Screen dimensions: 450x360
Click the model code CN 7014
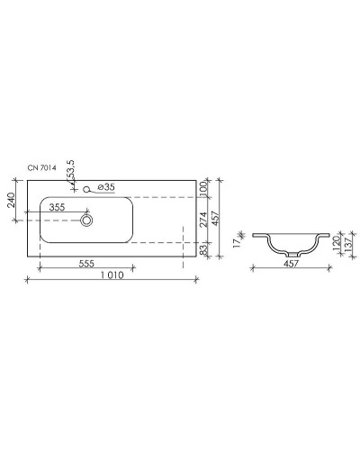click(x=43, y=168)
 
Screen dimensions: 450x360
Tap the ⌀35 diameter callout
click(x=104, y=187)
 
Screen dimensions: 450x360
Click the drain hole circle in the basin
click(x=87, y=219)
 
